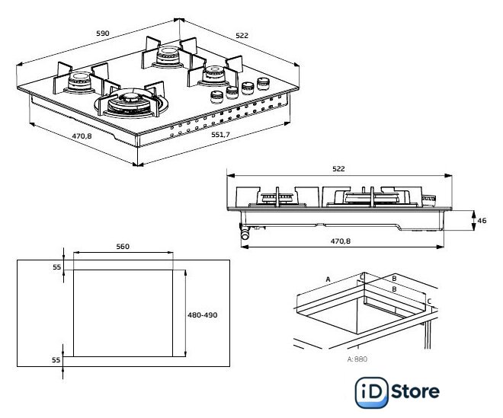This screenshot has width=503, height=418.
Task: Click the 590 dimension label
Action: coord(103,33)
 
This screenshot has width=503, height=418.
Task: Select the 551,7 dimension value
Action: coord(220,135)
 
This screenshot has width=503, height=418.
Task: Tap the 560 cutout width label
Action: coord(123,246)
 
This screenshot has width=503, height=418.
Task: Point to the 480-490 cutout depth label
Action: coord(203,314)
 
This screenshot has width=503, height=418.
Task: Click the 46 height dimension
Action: coord(482,221)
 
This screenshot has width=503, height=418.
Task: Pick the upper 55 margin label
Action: coord(57,266)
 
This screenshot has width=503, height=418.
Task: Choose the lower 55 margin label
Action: coord(56,359)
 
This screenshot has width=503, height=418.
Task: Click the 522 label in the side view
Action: coord(338,168)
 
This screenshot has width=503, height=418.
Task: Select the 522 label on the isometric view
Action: coord(242,35)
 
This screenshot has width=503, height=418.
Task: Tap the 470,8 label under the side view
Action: coord(341,241)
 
